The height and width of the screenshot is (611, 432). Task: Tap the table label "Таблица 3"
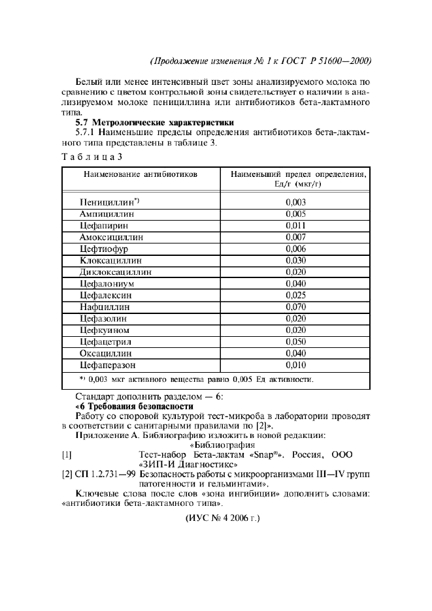(x=91, y=157)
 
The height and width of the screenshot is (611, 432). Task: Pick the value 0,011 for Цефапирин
(x=295, y=225)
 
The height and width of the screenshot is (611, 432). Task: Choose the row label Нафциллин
(x=105, y=307)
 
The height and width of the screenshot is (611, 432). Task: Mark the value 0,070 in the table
(x=295, y=307)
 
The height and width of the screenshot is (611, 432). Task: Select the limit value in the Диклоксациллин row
(x=295, y=272)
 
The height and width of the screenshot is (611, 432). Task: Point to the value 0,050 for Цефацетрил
(x=295, y=341)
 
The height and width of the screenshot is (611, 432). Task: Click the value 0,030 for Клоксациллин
(x=295, y=260)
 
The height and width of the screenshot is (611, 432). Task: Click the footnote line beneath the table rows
(x=196, y=379)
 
